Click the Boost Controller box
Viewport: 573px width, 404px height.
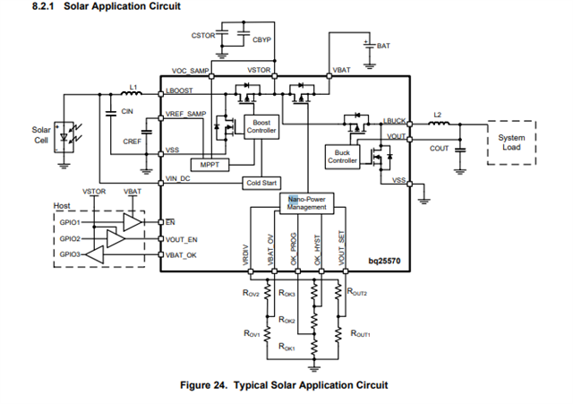[261, 125]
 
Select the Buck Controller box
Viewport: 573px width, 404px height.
[342, 158]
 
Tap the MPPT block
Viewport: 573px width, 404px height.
[215, 166]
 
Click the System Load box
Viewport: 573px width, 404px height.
[512, 142]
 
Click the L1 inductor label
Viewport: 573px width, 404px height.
[133, 86]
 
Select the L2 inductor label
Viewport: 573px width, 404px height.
[437, 114]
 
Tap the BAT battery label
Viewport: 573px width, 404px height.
[383, 45]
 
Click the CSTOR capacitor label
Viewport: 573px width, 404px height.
[203, 35]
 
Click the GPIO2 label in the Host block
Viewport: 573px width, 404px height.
[70, 239]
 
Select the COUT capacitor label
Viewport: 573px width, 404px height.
[439, 149]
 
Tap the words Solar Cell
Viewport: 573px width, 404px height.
[41, 135]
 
